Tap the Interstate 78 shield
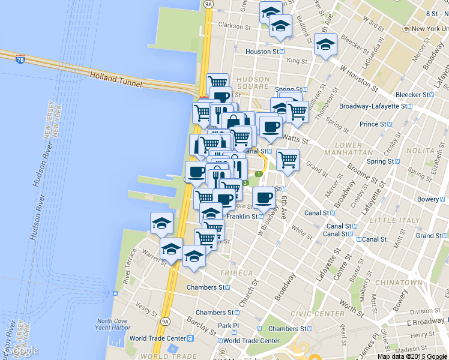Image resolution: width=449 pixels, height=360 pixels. (x=20, y=60)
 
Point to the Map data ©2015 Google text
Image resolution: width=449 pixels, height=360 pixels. (x=412, y=356)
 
